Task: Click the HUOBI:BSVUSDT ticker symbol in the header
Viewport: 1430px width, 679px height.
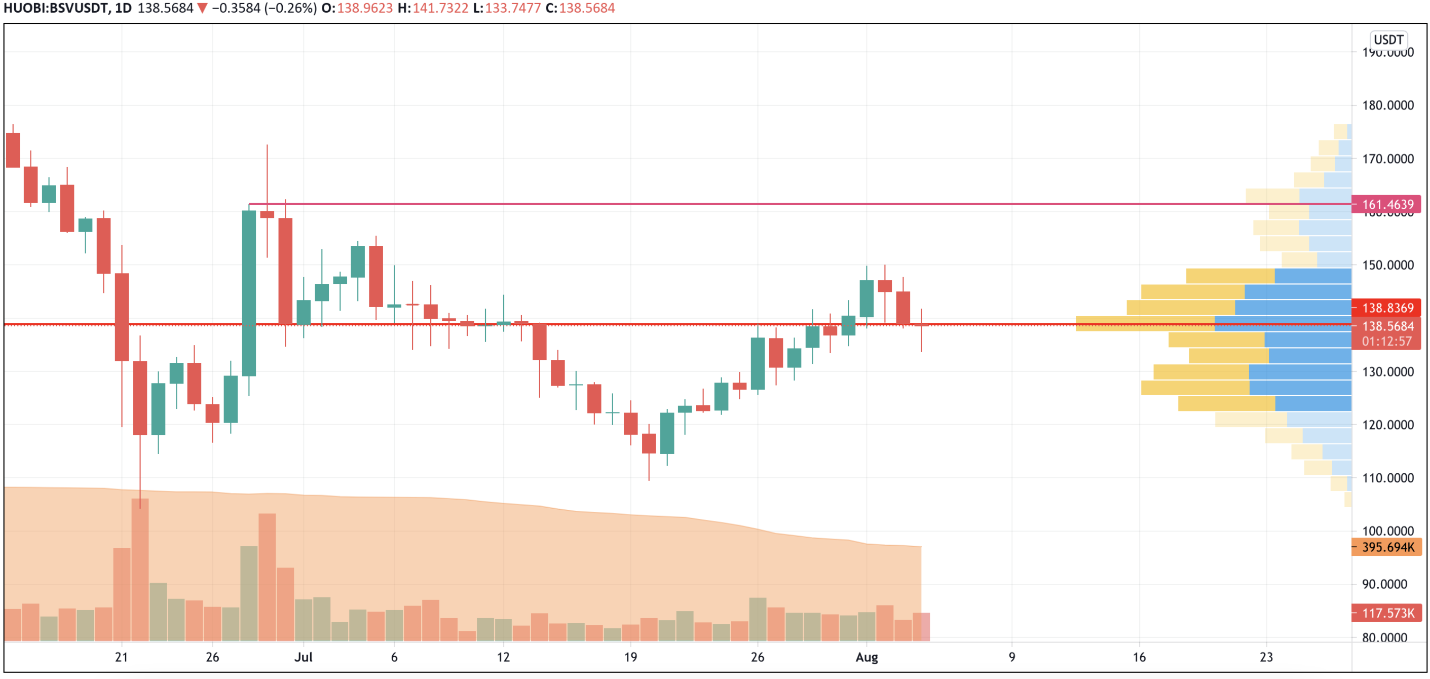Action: (56, 8)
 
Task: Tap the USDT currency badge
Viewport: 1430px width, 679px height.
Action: (1388, 40)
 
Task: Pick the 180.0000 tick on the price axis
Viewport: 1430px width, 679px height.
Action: (1387, 105)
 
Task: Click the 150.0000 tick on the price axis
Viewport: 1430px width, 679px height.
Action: (1387, 266)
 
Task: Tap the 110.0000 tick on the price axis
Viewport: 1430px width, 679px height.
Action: (1387, 478)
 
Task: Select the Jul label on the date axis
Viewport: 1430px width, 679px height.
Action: (303, 657)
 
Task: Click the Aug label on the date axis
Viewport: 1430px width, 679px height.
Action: (867, 657)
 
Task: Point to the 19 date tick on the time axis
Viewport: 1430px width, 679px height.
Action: (630, 657)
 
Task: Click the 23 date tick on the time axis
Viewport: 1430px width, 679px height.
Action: (1266, 657)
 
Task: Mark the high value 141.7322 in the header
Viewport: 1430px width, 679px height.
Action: (440, 8)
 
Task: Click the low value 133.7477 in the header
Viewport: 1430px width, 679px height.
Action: (512, 8)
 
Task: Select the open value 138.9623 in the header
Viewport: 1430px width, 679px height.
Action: (365, 8)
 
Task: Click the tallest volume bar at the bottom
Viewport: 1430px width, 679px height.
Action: (140, 569)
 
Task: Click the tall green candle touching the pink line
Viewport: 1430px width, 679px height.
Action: (249, 293)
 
